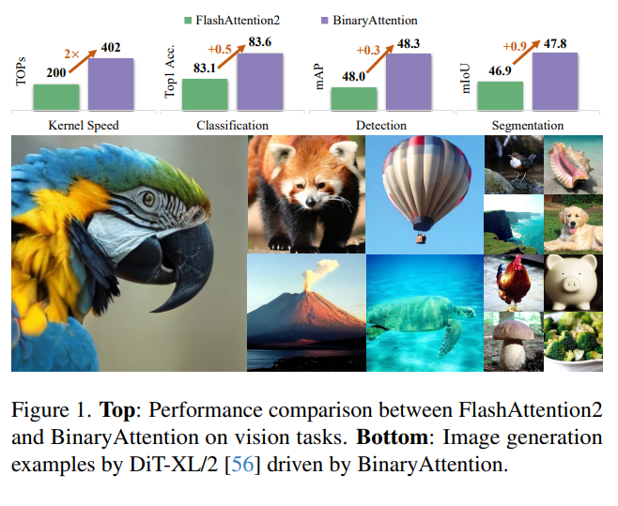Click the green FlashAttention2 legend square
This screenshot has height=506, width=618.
(188, 21)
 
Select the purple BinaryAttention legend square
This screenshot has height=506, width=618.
(325, 21)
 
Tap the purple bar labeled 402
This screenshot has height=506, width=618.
(111, 84)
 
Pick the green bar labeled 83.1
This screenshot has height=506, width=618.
(205, 95)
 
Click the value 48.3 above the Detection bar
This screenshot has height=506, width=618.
(409, 44)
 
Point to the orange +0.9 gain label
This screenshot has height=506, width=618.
(515, 47)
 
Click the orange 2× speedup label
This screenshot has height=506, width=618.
(71, 54)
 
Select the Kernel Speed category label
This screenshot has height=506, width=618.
(84, 125)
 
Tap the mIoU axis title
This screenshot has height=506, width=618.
(466, 78)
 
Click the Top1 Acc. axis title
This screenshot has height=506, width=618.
(169, 71)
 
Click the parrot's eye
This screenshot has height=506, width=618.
(148, 199)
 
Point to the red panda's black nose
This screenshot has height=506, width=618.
(311, 202)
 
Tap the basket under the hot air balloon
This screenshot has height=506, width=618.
(421, 238)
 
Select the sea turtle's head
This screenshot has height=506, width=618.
(466, 312)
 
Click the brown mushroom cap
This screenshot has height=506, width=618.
(513, 330)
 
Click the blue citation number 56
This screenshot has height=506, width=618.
(242, 465)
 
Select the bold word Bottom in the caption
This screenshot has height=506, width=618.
(392, 437)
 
